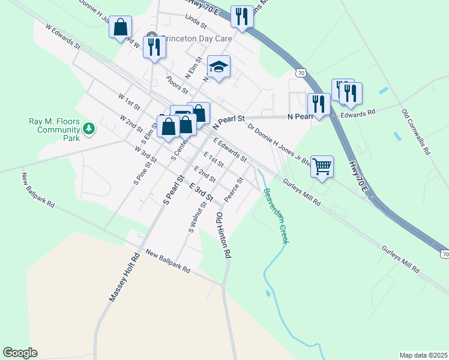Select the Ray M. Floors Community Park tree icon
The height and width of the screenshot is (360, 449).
point(89,128)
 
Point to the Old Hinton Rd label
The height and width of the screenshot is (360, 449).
point(223,235)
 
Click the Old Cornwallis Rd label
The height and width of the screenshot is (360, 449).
point(416,131)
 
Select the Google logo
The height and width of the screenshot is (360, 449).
point(20,353)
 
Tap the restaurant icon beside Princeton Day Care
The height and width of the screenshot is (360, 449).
point(154,46)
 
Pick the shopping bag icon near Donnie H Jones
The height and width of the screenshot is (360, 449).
point(121,27)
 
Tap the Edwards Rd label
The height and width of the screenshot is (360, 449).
point(358,112)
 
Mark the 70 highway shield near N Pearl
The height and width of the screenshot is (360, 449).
point(301,73)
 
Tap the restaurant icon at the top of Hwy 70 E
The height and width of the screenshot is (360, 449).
point(242,16)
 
